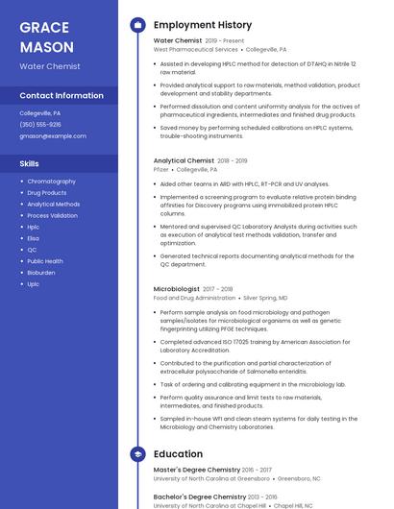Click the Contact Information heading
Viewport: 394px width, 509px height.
click(62, 96)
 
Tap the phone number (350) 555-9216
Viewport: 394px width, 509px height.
click(40, 124)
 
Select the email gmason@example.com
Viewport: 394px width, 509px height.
click(53, 136)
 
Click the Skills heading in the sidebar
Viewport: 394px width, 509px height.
click(29, 164)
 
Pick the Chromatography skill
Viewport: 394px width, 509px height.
click(51, 182)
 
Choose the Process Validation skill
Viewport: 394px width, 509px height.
click(52, 215)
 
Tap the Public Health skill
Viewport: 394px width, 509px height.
click(45, 261)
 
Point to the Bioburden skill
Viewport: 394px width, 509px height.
click(41, 273)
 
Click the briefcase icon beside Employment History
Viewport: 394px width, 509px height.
click(137, 25)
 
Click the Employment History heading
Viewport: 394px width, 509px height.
click(203, 25)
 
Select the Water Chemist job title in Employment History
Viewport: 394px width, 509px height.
click(178, 41)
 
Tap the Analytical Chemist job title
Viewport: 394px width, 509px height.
click(184, 161)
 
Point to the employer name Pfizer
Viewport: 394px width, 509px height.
click(161, 169)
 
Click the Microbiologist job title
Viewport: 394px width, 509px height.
click(177, 289)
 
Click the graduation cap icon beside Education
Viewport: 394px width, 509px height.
click(137, 454)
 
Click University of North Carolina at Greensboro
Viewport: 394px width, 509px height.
click(212, 478)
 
